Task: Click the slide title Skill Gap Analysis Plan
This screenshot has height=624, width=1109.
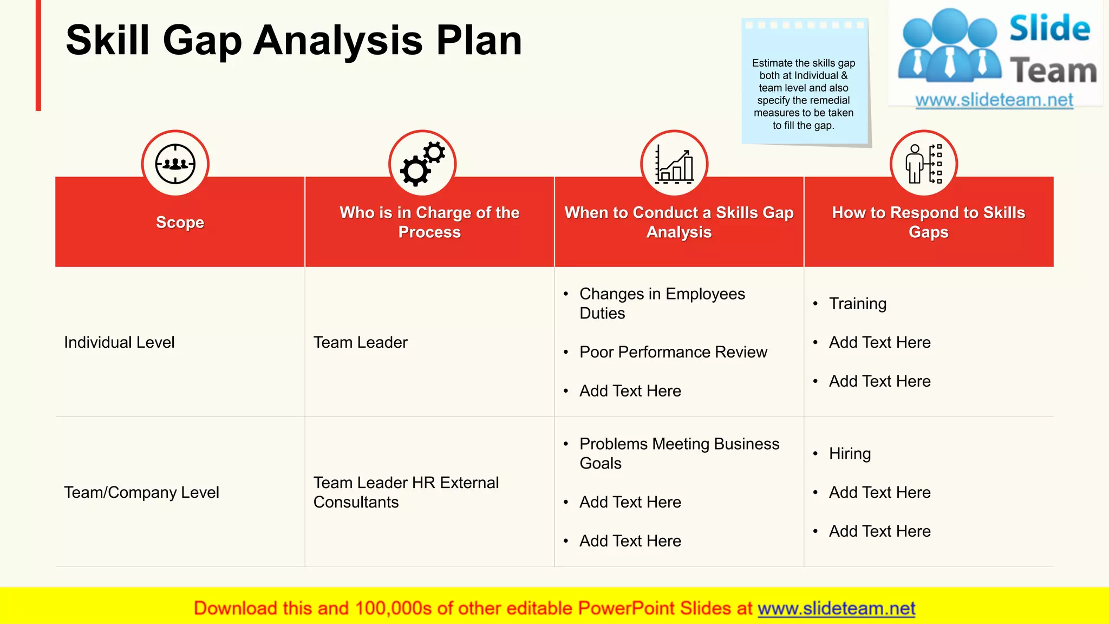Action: (x=293, y=41)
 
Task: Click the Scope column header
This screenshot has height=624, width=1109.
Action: (x=180, y=222)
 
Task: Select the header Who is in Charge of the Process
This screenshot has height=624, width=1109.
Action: (x=429, y=222)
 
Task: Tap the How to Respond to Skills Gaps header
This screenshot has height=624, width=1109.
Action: (x=928, y=222)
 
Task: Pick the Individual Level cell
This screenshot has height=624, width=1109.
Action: (x=119, y=342)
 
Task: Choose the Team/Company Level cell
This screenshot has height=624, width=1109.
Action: (x=141, y=492)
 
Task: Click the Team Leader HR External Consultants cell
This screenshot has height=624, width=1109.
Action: (x=406, y=492)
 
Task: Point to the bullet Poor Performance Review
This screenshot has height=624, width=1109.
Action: (x=673, y=352)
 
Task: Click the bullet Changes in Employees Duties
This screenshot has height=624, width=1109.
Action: (x=662, y=303)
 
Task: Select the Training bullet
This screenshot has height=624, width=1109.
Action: (x=858, y=304)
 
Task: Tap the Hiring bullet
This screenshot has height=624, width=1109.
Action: (x=850, y=454)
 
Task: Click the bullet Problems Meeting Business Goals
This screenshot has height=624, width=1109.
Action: (x=679, y=453)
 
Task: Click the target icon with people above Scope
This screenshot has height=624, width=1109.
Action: (x=175, y=164)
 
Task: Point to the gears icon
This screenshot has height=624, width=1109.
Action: (x=422, y=164)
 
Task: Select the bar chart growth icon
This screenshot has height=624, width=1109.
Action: (x=674, y=164)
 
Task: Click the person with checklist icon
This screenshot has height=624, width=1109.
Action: (x=924, y=164)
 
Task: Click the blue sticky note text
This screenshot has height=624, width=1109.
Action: (x=804, y=94)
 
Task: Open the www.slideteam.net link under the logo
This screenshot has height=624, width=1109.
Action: (x=994, y=100)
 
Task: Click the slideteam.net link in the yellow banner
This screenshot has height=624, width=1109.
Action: (x=836, y=608)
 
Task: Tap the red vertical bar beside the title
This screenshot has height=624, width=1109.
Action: (x=38, y=55)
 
